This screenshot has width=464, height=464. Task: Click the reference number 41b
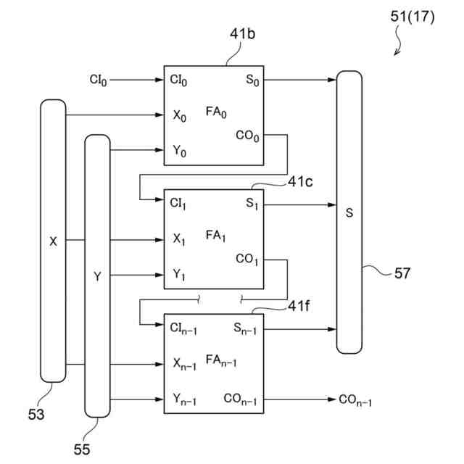coord(242,34)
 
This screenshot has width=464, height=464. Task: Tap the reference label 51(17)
coord(413,17)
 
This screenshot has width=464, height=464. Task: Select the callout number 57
coord(402,273)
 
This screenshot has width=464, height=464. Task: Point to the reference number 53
coord(36,414)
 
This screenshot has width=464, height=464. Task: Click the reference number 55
coord(82,449)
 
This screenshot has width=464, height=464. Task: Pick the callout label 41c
coord(300,181)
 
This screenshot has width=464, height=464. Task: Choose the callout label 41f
coord(299,306)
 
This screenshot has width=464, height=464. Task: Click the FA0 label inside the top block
coord(216,112)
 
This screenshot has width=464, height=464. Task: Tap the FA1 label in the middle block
coord(215,236)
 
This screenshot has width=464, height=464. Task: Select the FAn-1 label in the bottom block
coord(221,361)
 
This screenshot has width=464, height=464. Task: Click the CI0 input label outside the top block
coord(99,80)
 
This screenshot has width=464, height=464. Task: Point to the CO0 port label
coord(247,136)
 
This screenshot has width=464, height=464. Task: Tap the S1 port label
coord(252,204)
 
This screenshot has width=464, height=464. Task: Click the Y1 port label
coord(179,275)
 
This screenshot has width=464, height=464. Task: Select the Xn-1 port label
coord(185,364)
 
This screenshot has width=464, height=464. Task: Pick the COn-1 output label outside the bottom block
coord(355,400)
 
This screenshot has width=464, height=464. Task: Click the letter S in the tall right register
coord(349,212)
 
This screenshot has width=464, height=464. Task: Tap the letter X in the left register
coord(53,241)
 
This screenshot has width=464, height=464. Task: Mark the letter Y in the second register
coord(97,276)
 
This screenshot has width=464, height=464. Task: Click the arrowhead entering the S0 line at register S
coord(332,80)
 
